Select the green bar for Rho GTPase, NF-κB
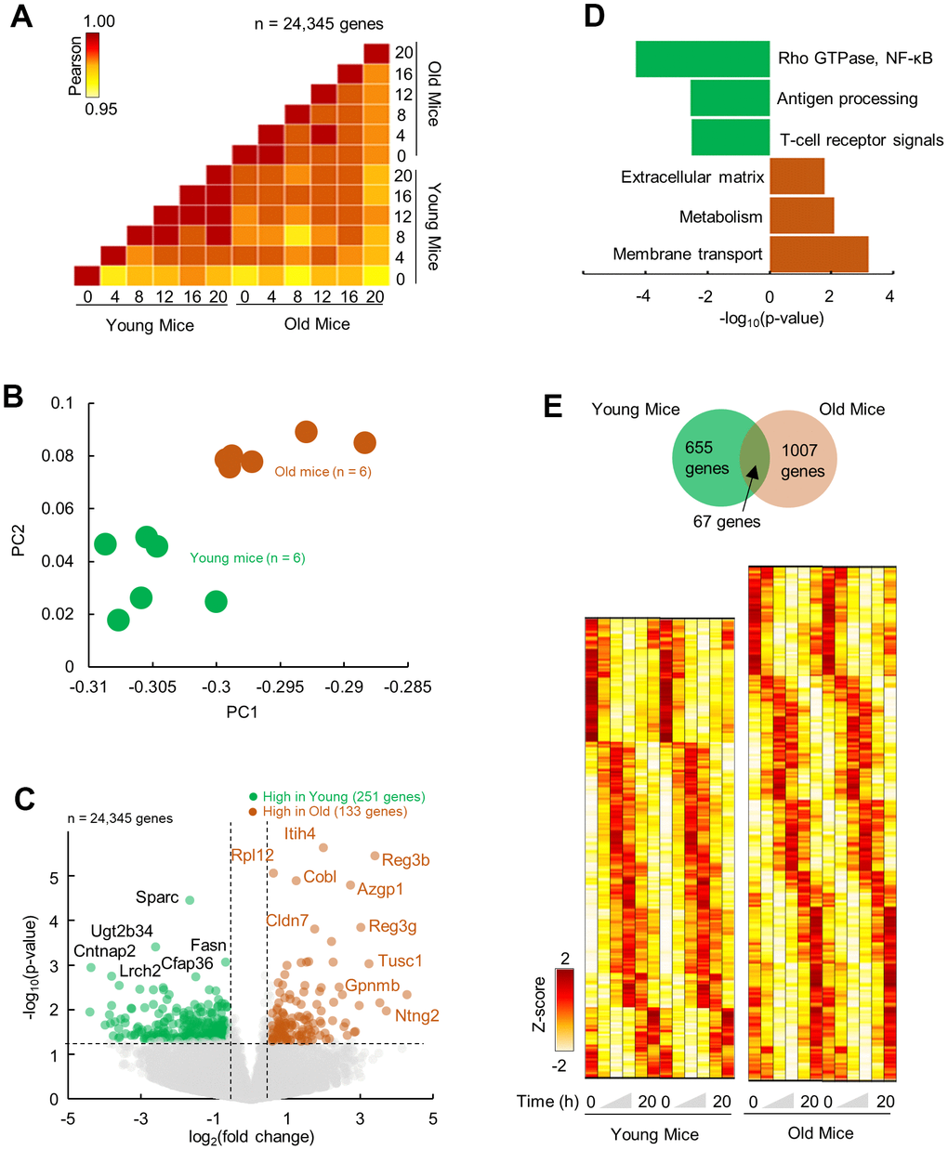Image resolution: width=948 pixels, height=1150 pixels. pyautogui.click(x=703, y=59)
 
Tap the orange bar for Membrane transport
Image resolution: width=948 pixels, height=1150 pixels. pyautogui.click(x=819, y=254)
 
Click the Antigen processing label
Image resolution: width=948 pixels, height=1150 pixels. pyautogui.click(x=847, y=98)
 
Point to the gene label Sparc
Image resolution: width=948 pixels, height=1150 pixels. pyautogui.click(x=157, y=897)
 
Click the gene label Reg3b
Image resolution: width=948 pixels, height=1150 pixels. pyautogui.click(x=405, y=860)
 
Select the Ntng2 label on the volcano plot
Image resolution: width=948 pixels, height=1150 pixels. pyautogui.click(x=417, y=1015)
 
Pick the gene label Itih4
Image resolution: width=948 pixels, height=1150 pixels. pyautogui.click(x=300, y=833)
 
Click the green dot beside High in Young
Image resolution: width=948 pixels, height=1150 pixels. pyautogui.click(x=253, y=797)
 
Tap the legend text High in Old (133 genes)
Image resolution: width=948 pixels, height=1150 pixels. pyautogui.click(x=335, y=811)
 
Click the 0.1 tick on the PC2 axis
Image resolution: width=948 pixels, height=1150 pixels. pyautogui.click(x=62, y=403)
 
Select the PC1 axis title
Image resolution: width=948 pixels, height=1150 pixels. pyautogui.click(x=242, y=712)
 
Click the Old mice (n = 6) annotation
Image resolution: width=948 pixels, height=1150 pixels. pyautogui.click(x=323, y=472)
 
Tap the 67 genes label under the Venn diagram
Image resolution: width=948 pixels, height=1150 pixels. pyautogui.click(x=726, y=522)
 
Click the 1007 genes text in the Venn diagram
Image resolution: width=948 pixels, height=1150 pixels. pyautogui.click(x=801, y=461)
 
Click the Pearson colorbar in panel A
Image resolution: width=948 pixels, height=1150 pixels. pyautogui.click(x=92, y=65)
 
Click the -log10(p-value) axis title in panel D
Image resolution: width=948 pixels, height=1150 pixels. pyautogui.click(x=771, y=319)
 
